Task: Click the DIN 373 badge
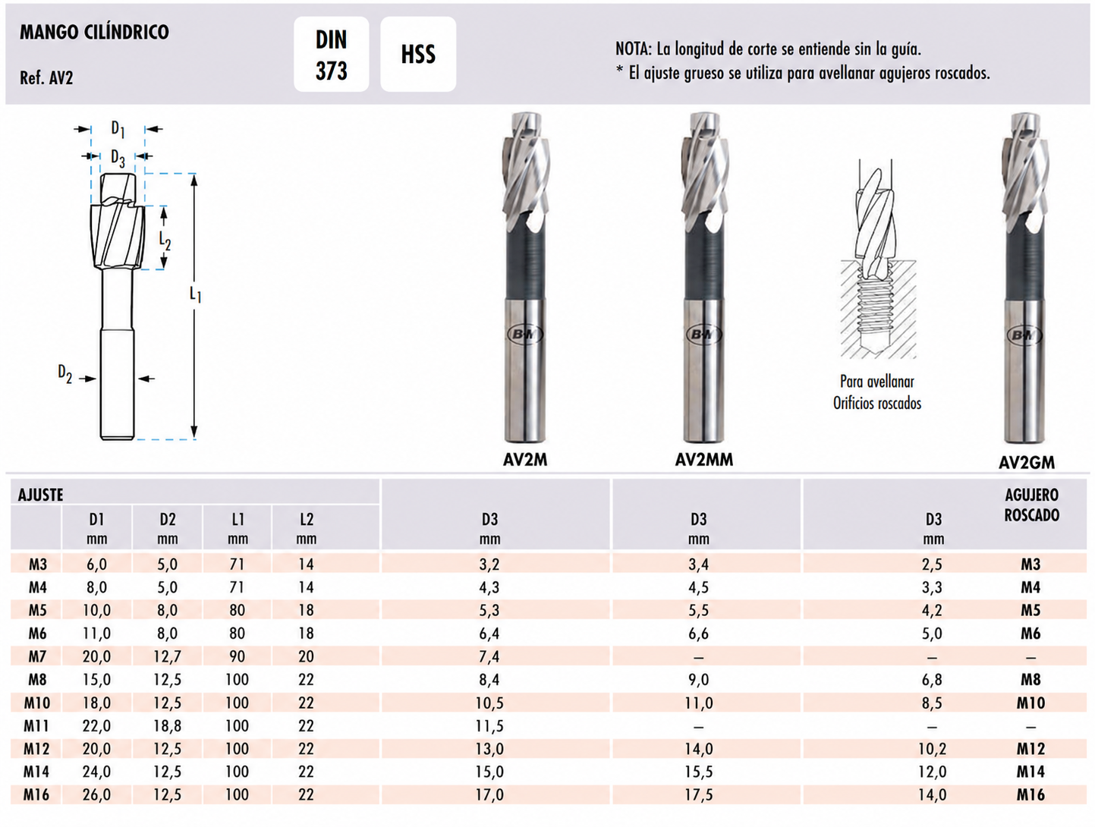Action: point(332,55)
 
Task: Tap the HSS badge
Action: point(418,55)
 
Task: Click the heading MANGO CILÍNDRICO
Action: point(94,32)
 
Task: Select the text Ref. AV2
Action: point(46,78)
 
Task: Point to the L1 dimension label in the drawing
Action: point(196,295)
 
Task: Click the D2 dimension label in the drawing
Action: point(65,373)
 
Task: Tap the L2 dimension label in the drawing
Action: point(165,241)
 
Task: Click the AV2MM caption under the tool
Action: point(704,460)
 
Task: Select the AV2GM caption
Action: point(1027,462)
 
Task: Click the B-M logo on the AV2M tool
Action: point(525,334)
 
